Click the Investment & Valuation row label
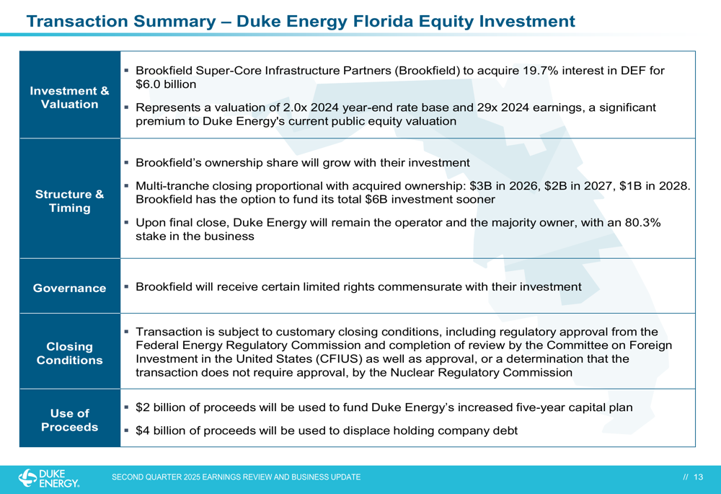(69, 97)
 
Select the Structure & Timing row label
(69, 201)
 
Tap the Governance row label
(69, 288)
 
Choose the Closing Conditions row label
(69, 353)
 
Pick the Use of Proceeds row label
(69, 420)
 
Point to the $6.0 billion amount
(166, 84)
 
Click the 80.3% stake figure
(642, 223)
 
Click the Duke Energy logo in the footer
(49, 478)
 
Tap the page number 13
(699, 477)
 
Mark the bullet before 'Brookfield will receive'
(126, 286)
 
